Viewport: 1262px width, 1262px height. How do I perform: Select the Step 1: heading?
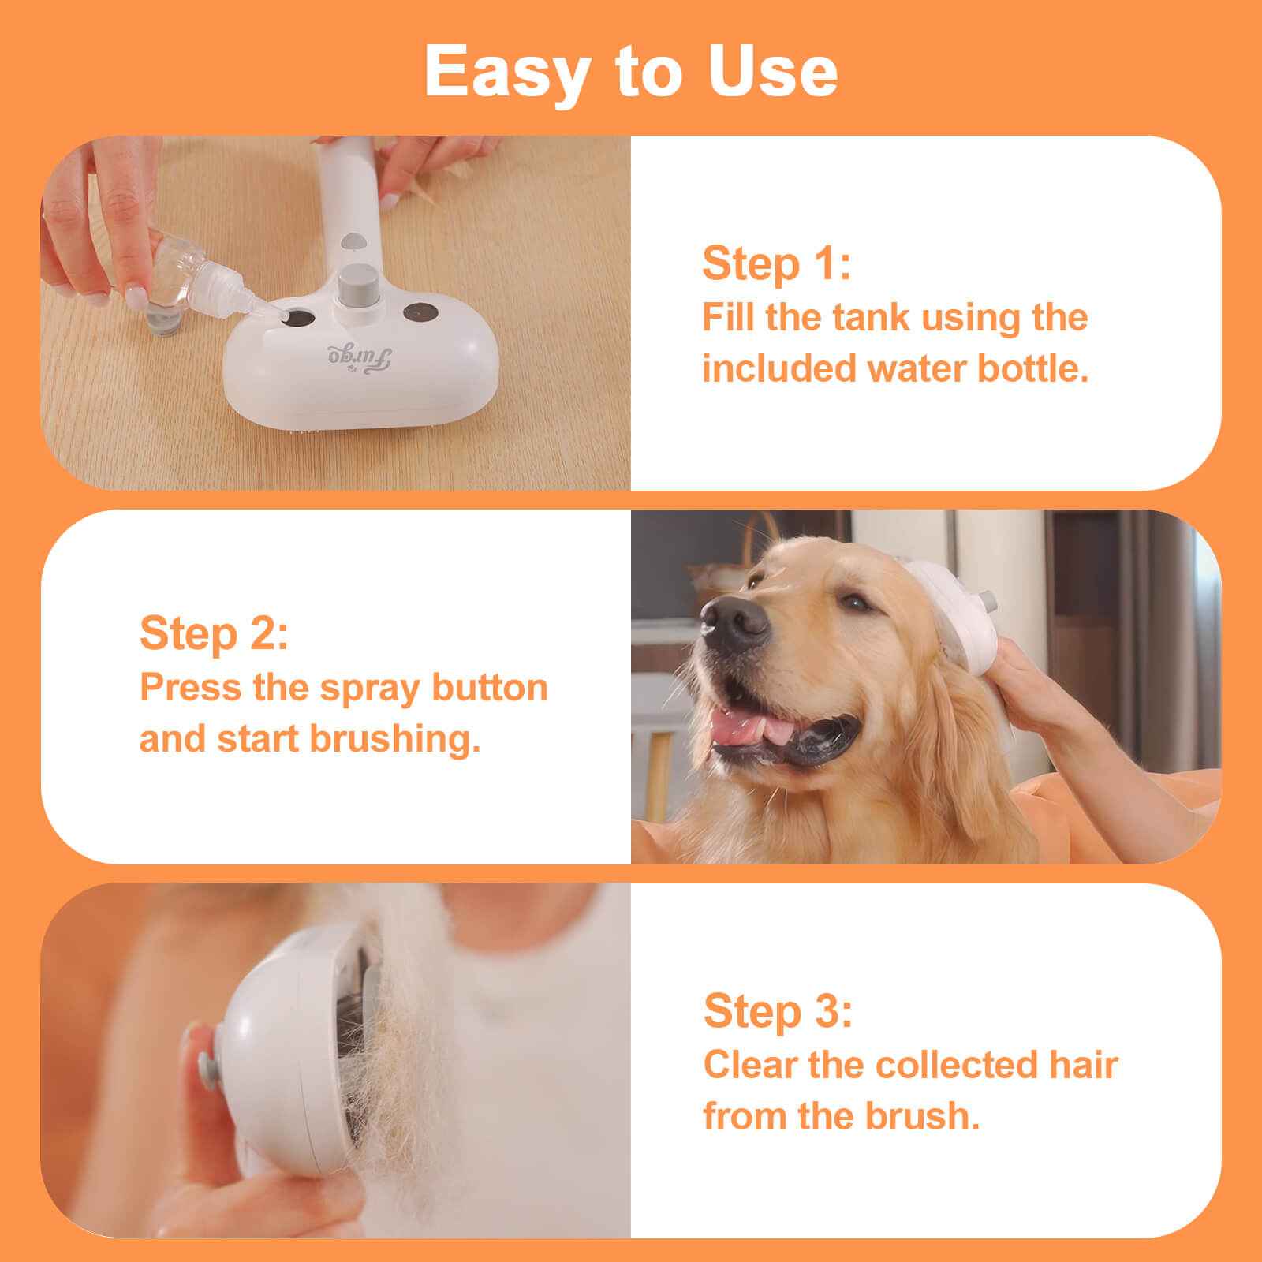click(x=776, y=264)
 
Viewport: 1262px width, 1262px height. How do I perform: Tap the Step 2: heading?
click(x=214, y=635)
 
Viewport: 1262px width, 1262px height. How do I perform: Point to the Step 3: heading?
click(x=778, y=1012)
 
